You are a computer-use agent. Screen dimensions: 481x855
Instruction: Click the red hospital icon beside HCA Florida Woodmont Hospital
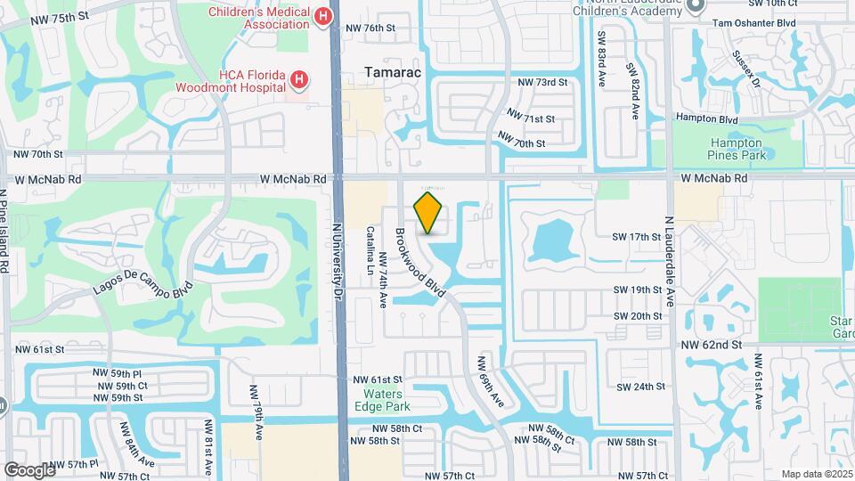[300, 80]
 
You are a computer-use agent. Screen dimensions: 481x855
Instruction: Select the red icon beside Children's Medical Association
[323, 16]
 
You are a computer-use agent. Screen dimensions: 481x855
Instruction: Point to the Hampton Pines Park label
[736, 149]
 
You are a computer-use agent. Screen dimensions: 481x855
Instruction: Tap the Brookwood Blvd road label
[419, 262]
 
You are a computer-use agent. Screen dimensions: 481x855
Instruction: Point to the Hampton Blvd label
[707, 119]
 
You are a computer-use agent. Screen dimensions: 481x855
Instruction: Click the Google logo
[29, 469]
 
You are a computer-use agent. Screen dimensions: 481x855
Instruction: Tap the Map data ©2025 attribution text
[816, 474]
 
